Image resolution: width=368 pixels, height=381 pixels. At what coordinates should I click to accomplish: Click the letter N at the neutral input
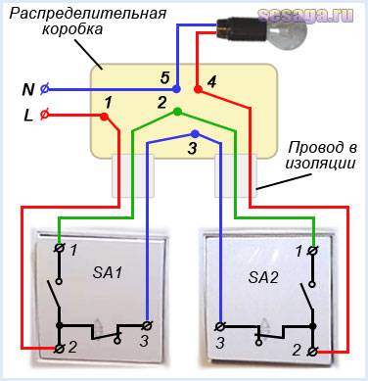click(28, 89)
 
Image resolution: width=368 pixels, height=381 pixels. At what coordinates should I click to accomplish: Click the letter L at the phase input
click(28, 116)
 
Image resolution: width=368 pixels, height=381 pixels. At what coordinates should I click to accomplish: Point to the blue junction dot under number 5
click(177, 89)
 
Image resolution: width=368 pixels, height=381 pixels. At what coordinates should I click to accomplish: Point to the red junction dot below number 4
click(198, 91)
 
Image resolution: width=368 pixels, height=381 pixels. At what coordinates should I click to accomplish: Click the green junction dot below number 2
click(176, 112)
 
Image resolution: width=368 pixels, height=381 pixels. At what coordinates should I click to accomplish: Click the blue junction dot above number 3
click(195, 131)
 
